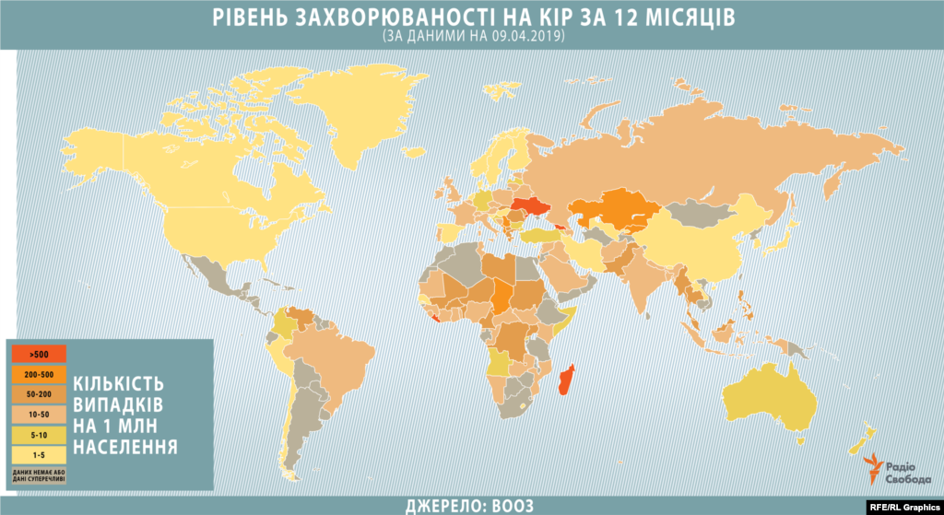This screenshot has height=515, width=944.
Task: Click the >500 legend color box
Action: (x=39, y=353)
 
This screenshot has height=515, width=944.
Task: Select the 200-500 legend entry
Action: (x=39, y=373)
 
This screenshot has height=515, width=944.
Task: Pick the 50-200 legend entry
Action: (x=39, y=393)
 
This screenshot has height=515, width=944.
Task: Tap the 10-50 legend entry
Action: (x=39, y=414)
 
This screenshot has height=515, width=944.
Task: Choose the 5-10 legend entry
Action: (x=39, y=433)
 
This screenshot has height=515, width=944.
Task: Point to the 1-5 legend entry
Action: (x=39, y=453)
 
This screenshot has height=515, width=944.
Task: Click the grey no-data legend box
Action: (x=39, y=474)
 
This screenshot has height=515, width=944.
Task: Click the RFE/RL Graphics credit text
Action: (x=904, y=506)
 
